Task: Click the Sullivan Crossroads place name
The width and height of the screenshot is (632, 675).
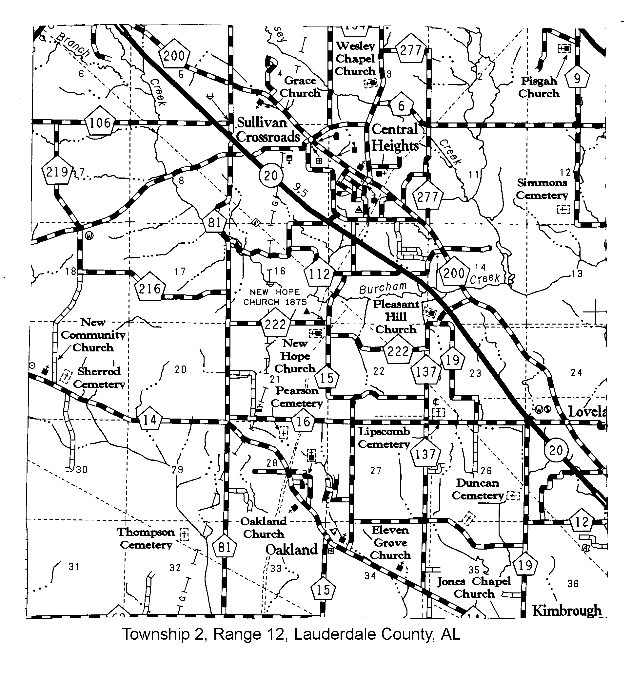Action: [x=268, y=130]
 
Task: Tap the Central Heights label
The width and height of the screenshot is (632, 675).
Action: [x=394, y=138]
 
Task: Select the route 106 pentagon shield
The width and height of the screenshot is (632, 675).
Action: [x=100, y=122]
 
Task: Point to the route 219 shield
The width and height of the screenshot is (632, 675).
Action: [x=57, y=172]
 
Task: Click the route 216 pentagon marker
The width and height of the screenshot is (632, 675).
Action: [x=150, y=288]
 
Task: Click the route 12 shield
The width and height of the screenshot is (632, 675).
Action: [x=582, y=521]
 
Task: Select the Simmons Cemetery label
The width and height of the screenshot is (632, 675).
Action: [x=542, y=189]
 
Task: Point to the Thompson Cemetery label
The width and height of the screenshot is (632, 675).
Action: [x=146, y=538]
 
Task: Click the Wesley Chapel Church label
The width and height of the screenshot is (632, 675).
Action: [x=355, y=58]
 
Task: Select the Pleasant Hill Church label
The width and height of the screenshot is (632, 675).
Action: [x=396, y=316]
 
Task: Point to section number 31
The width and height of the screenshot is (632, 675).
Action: [x=74, y=566]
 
